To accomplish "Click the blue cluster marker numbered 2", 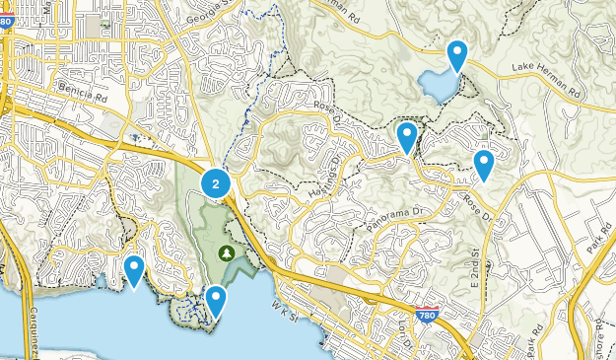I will (216, 182).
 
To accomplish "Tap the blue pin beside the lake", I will (456, 54).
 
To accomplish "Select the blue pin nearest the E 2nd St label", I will (483, 164).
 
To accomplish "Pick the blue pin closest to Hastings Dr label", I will (406, 136).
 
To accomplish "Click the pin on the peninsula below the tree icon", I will (215, 299).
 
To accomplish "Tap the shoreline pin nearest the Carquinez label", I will (133, 269).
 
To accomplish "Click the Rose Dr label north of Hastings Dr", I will (324, 109).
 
